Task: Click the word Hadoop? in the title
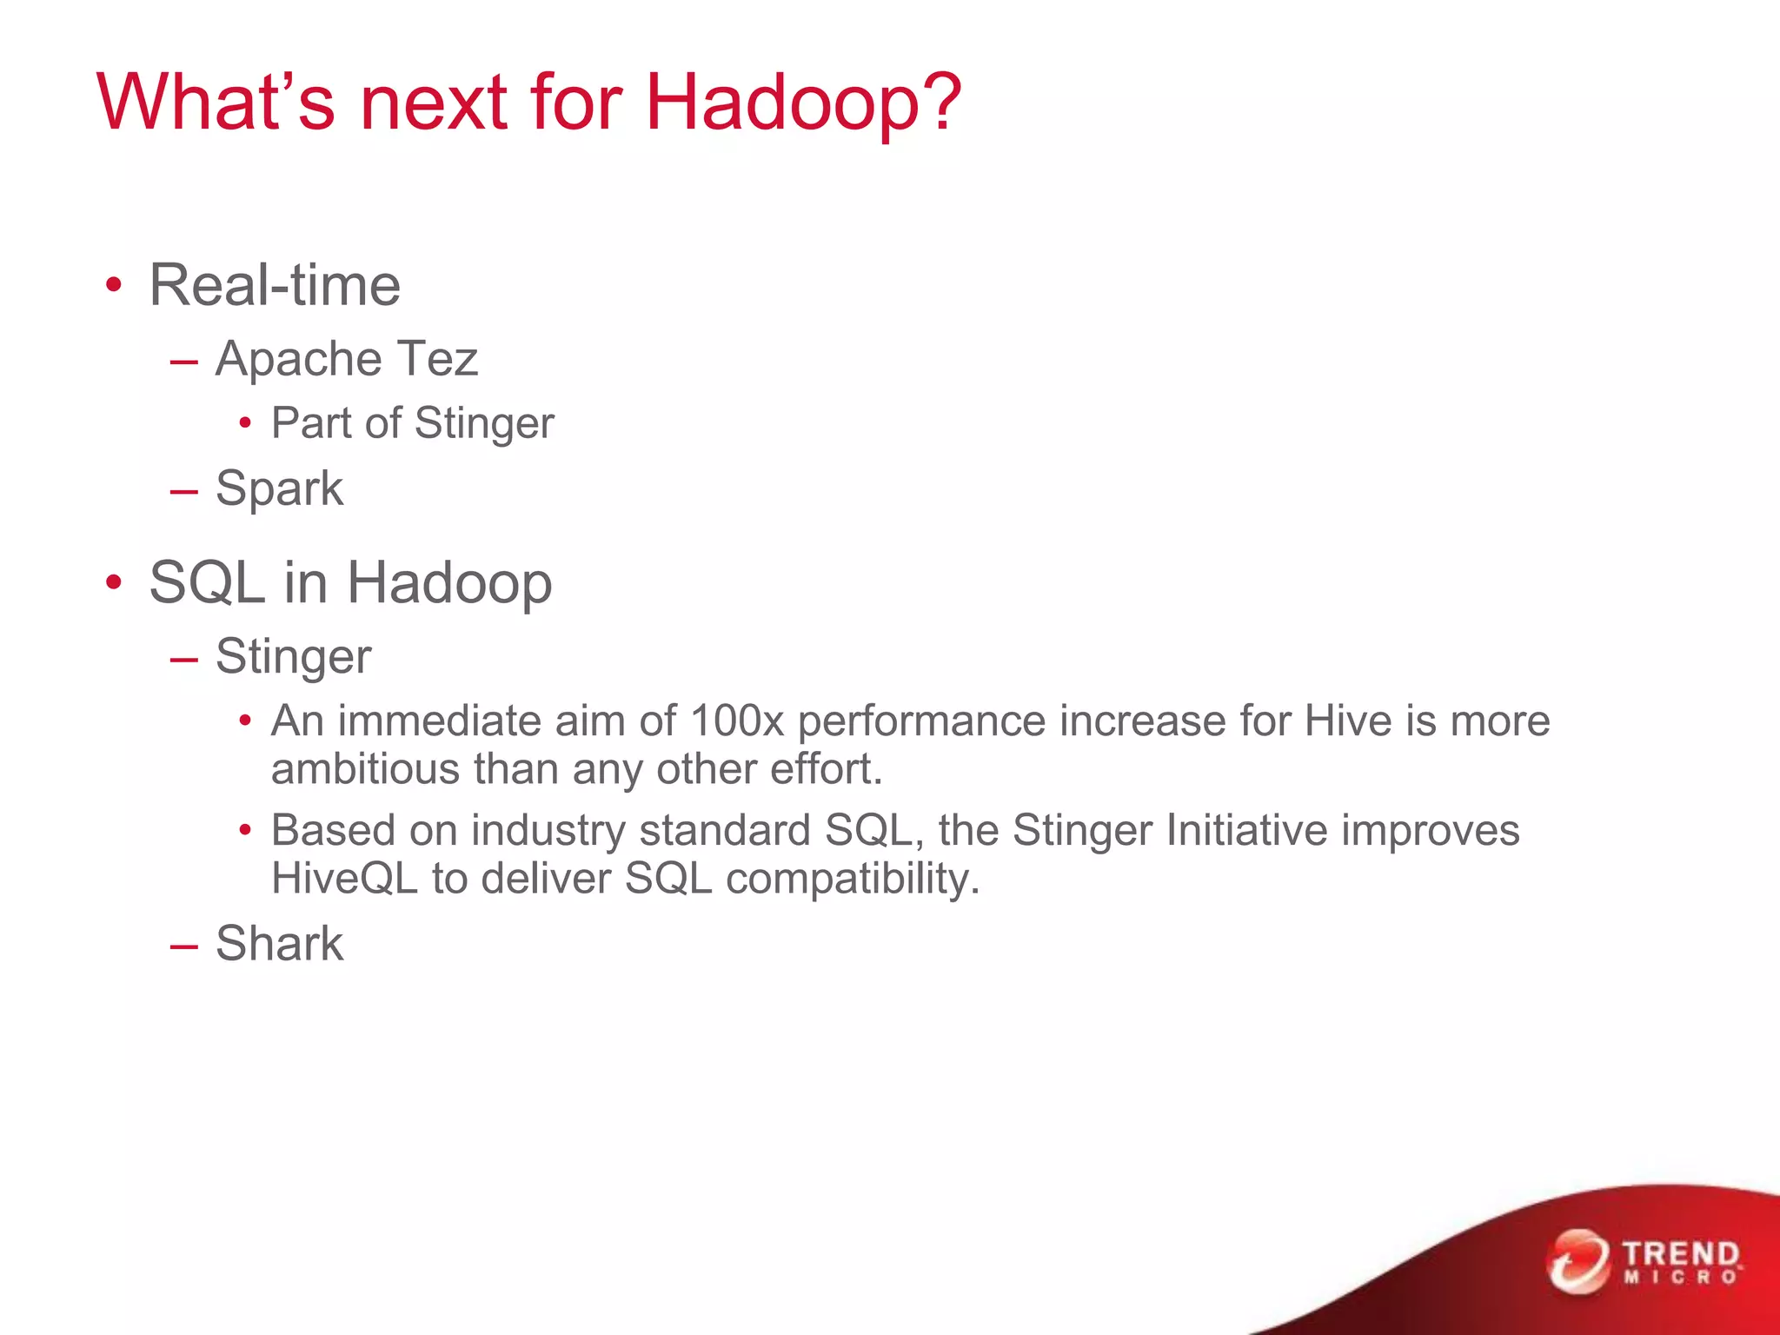tap(803, 103)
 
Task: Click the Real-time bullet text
tap(275, 285)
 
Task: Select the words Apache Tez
tap(346, 359)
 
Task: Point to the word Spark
tap(279, 488)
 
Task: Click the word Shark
tap(279, 943)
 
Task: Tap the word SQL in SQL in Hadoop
tap(207, 582)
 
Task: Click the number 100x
tap(737, 721)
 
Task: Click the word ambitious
tap(365, 770)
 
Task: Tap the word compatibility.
tap(852, 880)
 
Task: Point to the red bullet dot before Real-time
tap(113, 286)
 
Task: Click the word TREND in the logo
tap(1681, 1254)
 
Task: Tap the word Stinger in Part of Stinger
tap(484, 424)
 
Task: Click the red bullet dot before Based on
tap(246, 830)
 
